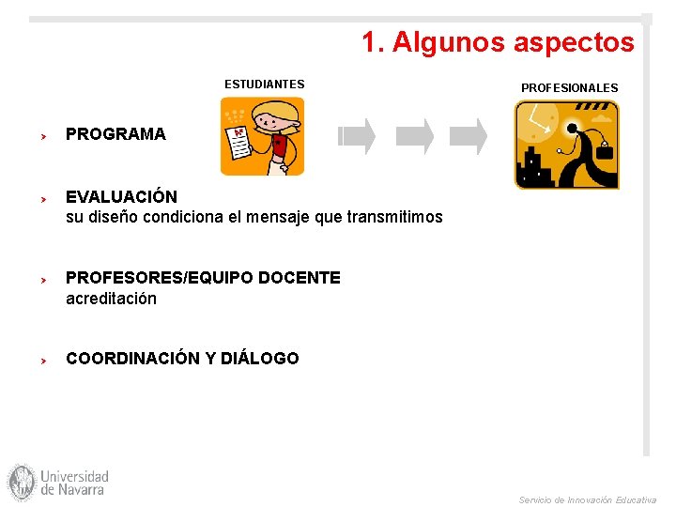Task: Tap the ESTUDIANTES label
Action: [264, 84]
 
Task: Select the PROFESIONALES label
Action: [569, 88]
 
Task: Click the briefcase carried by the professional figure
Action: [604, 150]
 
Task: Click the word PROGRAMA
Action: [115, 134]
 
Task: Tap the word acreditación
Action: [111, 299]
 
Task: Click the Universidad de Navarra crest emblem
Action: [21, 482]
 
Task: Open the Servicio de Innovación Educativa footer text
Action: [588, 500]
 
